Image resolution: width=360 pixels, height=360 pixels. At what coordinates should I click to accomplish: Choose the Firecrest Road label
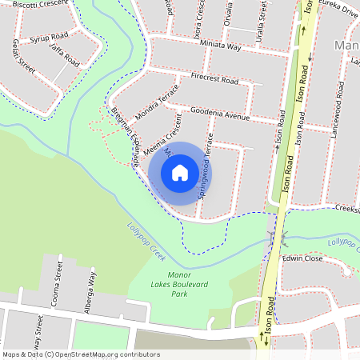[x=214, y=81]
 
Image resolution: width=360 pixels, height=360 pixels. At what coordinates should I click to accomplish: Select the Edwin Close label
[x=302, y=258]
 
